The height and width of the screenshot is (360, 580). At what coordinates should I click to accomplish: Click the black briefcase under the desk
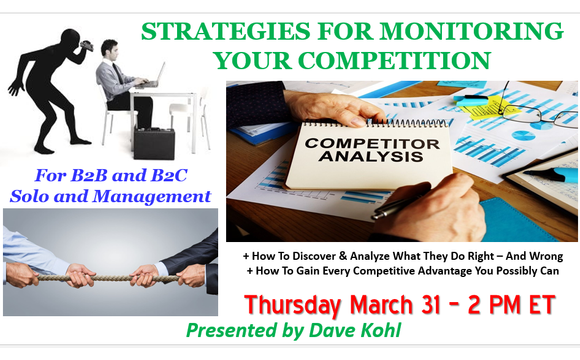155,144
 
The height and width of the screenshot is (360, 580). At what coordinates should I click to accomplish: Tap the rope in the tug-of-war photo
110,270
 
